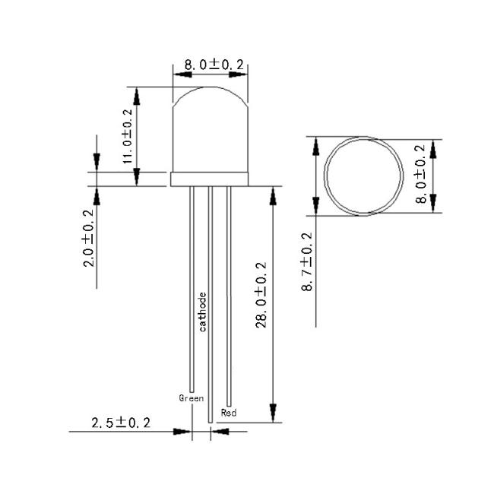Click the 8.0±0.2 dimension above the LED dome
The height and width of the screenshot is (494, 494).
(214, 65)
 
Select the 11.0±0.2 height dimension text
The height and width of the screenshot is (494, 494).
(128, 136)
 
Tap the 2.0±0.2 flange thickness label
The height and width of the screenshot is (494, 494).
(88, 238)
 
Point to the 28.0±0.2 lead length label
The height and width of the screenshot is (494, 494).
(261, 295)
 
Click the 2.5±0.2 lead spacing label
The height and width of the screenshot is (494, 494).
(121, 423)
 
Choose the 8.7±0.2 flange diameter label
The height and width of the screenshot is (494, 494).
(307, 262)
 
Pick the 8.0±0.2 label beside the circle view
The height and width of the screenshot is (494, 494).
(420, 174)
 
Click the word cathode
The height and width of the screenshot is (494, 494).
(203, 312)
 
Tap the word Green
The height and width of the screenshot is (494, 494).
(192, 398)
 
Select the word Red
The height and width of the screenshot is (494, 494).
(229, 413)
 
